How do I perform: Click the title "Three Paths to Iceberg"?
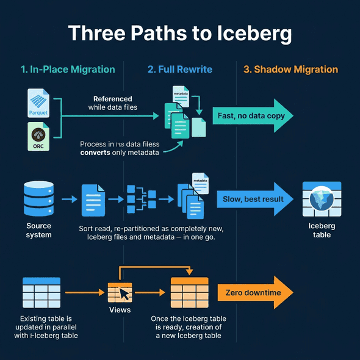tap(180, 33)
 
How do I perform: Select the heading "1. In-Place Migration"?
tap(68, 70)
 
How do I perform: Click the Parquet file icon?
tap(38, 103)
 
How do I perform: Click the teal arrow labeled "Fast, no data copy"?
tap(253, 116)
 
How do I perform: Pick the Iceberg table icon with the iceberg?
tap(322, 200)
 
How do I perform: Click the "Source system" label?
tap(38, 230)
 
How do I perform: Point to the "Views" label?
tap(120, 310)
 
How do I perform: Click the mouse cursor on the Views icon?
tap(124, 293)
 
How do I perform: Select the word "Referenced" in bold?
tap(112, 99)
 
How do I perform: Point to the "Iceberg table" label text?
tap(322, 230)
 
